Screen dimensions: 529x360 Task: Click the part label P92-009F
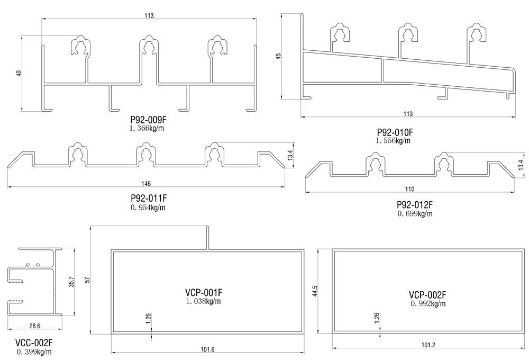point(149,120)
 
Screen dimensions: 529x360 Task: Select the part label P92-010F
point(395,132)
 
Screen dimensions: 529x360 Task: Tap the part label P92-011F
point(149,198)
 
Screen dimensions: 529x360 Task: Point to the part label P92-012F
point(415,205)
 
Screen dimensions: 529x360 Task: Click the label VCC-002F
point(34,343)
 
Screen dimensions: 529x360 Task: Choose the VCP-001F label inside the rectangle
point(204,292)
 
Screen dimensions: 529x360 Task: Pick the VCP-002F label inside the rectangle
point(427,295)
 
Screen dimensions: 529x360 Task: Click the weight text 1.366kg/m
point(147,128)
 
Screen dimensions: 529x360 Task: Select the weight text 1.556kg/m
point(394,141)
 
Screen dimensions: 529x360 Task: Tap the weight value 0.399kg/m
point(34,352)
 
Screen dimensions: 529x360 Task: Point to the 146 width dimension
point(146,183)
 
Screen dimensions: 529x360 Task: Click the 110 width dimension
point(410,189)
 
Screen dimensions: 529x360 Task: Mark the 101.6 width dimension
point(207,349)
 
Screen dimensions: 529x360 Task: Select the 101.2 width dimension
point(428,345)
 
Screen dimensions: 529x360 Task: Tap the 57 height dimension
point(87,280)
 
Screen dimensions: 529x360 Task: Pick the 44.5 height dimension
point(315,291)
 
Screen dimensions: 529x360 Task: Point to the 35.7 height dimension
point(71,282)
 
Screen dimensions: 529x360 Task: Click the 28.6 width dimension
point(35,326)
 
